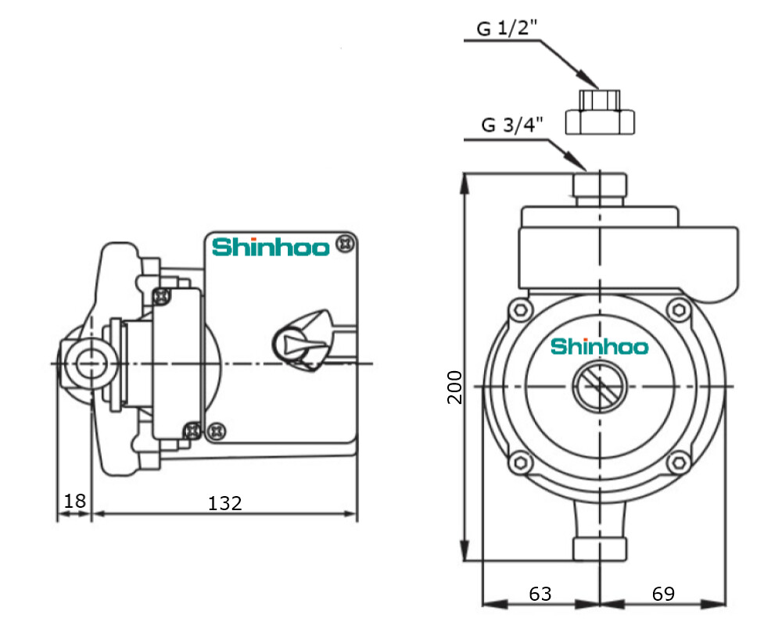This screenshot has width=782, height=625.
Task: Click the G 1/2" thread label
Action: point(508,29)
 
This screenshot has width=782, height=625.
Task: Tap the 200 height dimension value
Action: point(455,386)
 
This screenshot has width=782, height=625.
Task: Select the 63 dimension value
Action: point(540,594)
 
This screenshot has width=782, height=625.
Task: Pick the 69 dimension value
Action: point(663,594)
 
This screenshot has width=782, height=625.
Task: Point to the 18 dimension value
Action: point(74,501)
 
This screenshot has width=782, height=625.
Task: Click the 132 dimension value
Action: point(225,503)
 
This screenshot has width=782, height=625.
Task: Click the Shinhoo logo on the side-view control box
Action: point(270,247)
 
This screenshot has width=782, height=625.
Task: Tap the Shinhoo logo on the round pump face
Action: point(600,345)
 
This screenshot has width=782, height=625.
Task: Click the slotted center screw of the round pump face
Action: point(599,386)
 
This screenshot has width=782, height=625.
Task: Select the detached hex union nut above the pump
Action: point(601,112)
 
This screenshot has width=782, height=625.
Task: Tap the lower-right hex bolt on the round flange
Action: point(679,461)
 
